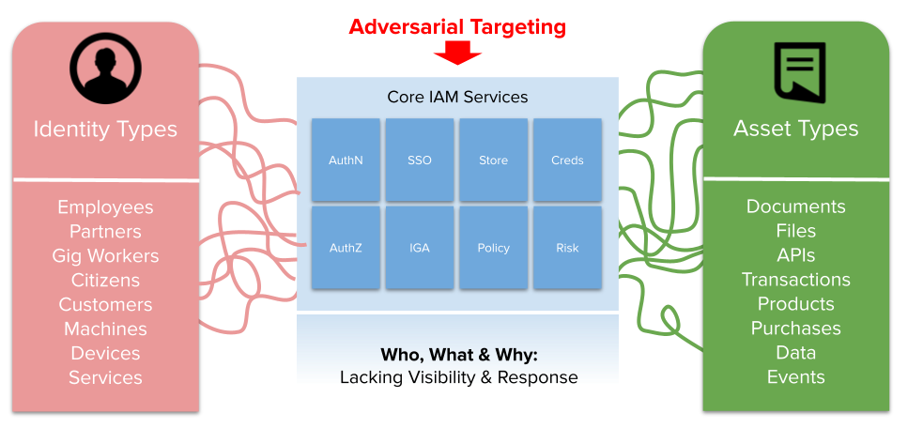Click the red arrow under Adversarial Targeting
(457, 53)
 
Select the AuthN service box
(346, 160)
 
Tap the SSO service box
(420, 160)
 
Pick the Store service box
(493, 160)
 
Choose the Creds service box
(567, 160)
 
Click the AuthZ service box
(346, 248)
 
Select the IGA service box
(420, 248)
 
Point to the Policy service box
(493, 248)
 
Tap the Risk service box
(567, 248)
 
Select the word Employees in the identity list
(105, 207)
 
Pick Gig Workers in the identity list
(105, 256)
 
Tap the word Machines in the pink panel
(105, 329)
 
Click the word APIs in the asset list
(795, 255)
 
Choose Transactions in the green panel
(795, 280)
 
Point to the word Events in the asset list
(795, 377)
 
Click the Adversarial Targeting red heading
(457, 26)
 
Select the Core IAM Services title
(457, 97)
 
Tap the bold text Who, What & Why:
(458, 356)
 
